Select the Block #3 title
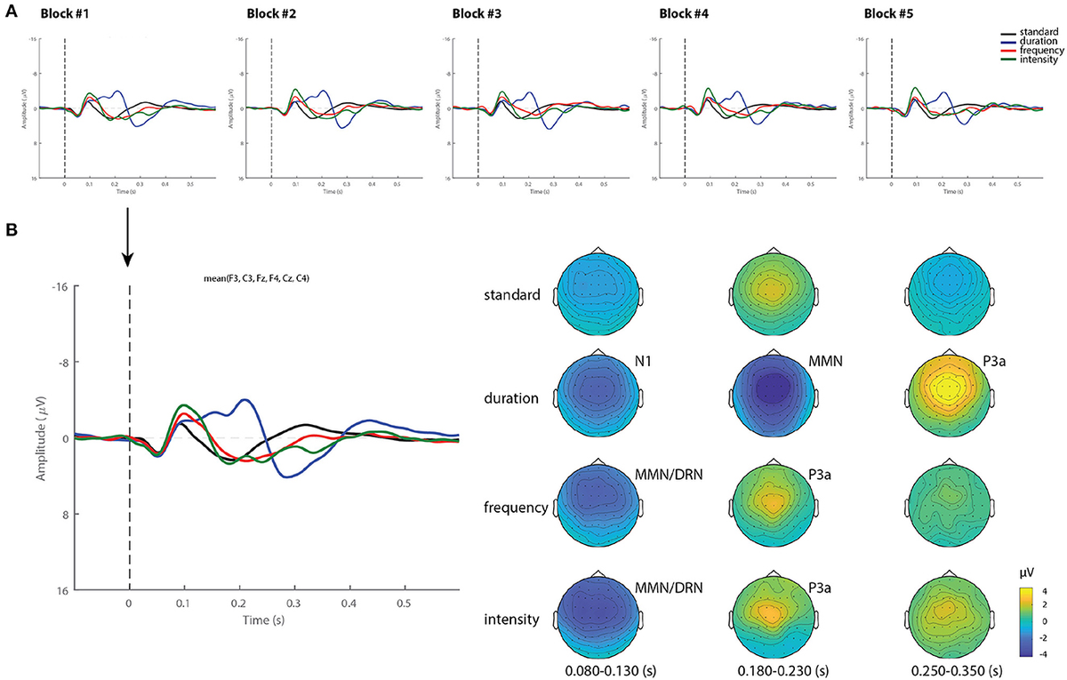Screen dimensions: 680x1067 (476, 14)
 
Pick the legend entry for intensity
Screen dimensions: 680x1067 (1038, 60)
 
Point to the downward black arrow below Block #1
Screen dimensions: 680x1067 (128, 238)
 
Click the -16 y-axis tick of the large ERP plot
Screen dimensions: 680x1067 (62, 287)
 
